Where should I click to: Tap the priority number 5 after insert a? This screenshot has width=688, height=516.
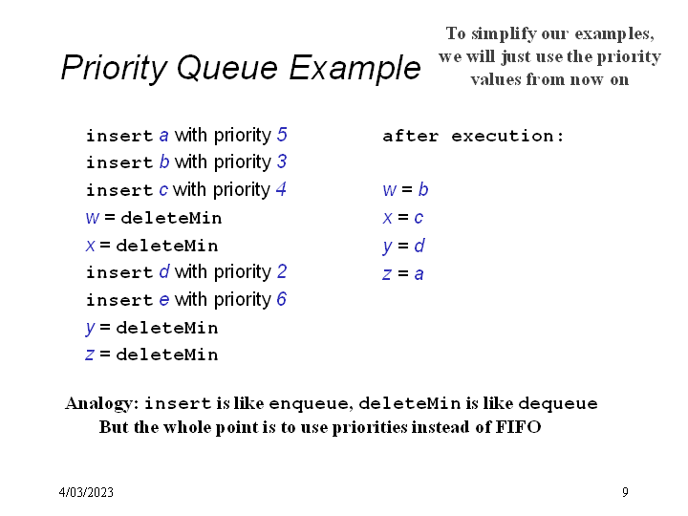click(x=282, y=135)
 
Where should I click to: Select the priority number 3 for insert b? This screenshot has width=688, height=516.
click(x=282, y=162)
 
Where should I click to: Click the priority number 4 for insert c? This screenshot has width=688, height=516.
click(x=281, y=189)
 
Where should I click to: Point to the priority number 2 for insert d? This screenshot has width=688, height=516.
click(x=282, y=272)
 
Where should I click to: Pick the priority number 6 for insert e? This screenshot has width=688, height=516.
click(x=282, y=300)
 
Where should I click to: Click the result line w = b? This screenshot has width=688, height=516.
click(x=405, y=190)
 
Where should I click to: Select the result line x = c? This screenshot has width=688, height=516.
click(x=403, y=218)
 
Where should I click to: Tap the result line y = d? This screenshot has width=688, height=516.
click(x=403, y=246)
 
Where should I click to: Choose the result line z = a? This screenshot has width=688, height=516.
click(x=403, y=273)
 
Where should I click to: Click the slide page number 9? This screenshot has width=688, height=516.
click(x=625, y=492)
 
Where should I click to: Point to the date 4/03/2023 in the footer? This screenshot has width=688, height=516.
click(x=86, y=492)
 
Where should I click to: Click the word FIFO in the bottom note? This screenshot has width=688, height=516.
click(x=519, y=427)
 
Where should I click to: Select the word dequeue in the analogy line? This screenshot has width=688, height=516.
click(x=560, y=403)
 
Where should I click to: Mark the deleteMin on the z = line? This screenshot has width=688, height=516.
click(x=166, y=355)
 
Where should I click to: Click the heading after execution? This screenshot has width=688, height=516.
click(x=473, y=136)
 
